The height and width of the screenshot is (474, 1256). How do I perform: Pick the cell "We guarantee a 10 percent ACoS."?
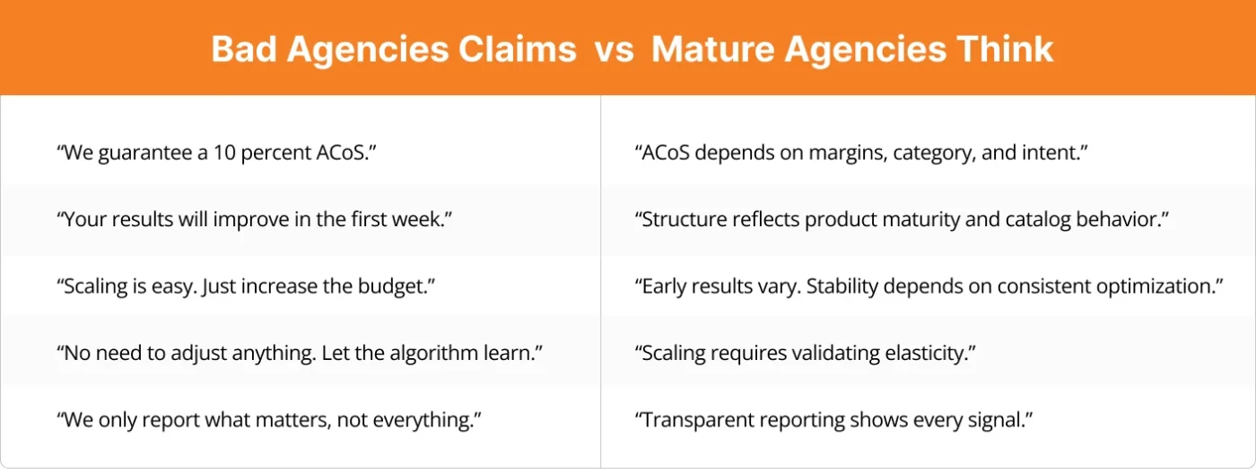(x=215, y=153)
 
